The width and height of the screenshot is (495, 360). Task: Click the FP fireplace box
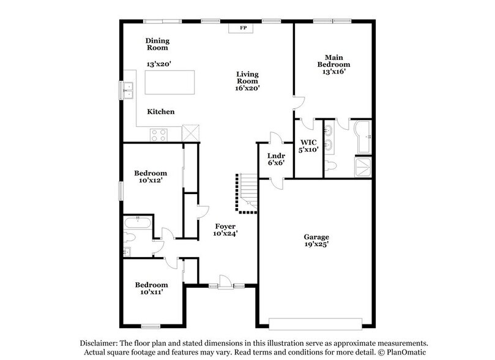pyautogui.click(x=243, y=28)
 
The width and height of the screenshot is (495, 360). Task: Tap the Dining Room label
pyautogui.click(x=157, y=44)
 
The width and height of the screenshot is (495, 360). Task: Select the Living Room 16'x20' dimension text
pyautogui.click(x=248, y=88)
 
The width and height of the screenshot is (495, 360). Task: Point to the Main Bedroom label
pyautogui.click(x=333, y=61)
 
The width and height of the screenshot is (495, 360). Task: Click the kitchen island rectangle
pyautogui.click(x=169, y=81)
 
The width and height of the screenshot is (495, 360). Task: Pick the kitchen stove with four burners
pyautogui.click(x=160, y=133)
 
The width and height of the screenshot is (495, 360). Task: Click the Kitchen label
pyautogui.click(x=161, y=112)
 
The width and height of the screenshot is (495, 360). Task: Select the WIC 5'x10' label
pyautogui.click(x=308, y=145)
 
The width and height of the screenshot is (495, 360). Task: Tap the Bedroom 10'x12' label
pyautogui.click(x=151, y=177)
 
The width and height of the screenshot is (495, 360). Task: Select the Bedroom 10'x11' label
pyautogui.click(x=151, y=288)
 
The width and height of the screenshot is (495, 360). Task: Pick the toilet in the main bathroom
pyautogui.click(x=332, y=165)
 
